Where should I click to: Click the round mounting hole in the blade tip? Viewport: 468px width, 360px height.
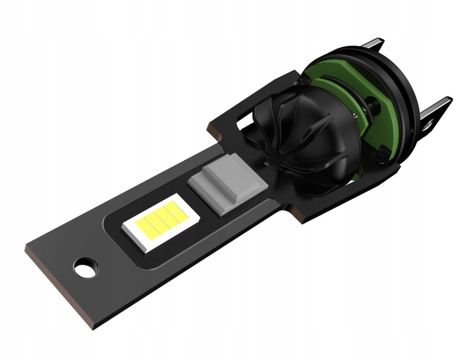pos(85,266)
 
